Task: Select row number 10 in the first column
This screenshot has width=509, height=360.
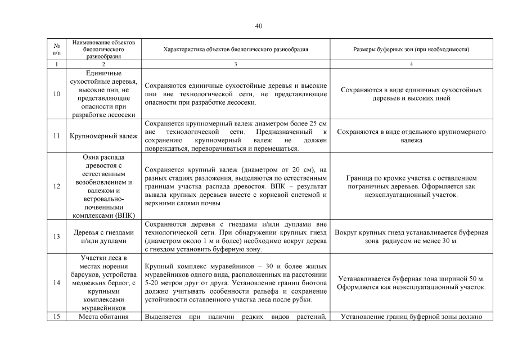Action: coord(57,94)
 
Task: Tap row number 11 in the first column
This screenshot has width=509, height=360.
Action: coord(57,136)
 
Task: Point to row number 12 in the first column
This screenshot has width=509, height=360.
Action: coord(57,186)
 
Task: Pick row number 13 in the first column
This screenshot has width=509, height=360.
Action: coord(57,237)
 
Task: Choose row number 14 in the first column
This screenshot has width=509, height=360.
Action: coord(57,282)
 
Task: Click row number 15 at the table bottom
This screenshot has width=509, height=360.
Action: coord(57,316)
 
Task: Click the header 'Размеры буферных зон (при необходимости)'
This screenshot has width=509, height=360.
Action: coord(411,49)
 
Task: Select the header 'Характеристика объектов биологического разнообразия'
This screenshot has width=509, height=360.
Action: coord(236,49)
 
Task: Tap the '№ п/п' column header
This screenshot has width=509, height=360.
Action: coord(57,49)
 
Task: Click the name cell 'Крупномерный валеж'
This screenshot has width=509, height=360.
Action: coord(103,136)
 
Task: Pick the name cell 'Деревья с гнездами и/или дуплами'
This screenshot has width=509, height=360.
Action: coord(103,237)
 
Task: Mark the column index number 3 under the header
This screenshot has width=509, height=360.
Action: coord(236,65)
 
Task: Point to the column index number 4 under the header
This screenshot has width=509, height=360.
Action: coord(411,65)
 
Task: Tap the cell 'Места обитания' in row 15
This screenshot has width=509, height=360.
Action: coord(103,316)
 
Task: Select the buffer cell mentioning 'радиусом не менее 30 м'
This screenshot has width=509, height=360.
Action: coord(411,237)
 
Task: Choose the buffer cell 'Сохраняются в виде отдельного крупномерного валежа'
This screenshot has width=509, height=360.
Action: coord(411,136)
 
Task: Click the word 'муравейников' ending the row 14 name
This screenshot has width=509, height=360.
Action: coord(103,307)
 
